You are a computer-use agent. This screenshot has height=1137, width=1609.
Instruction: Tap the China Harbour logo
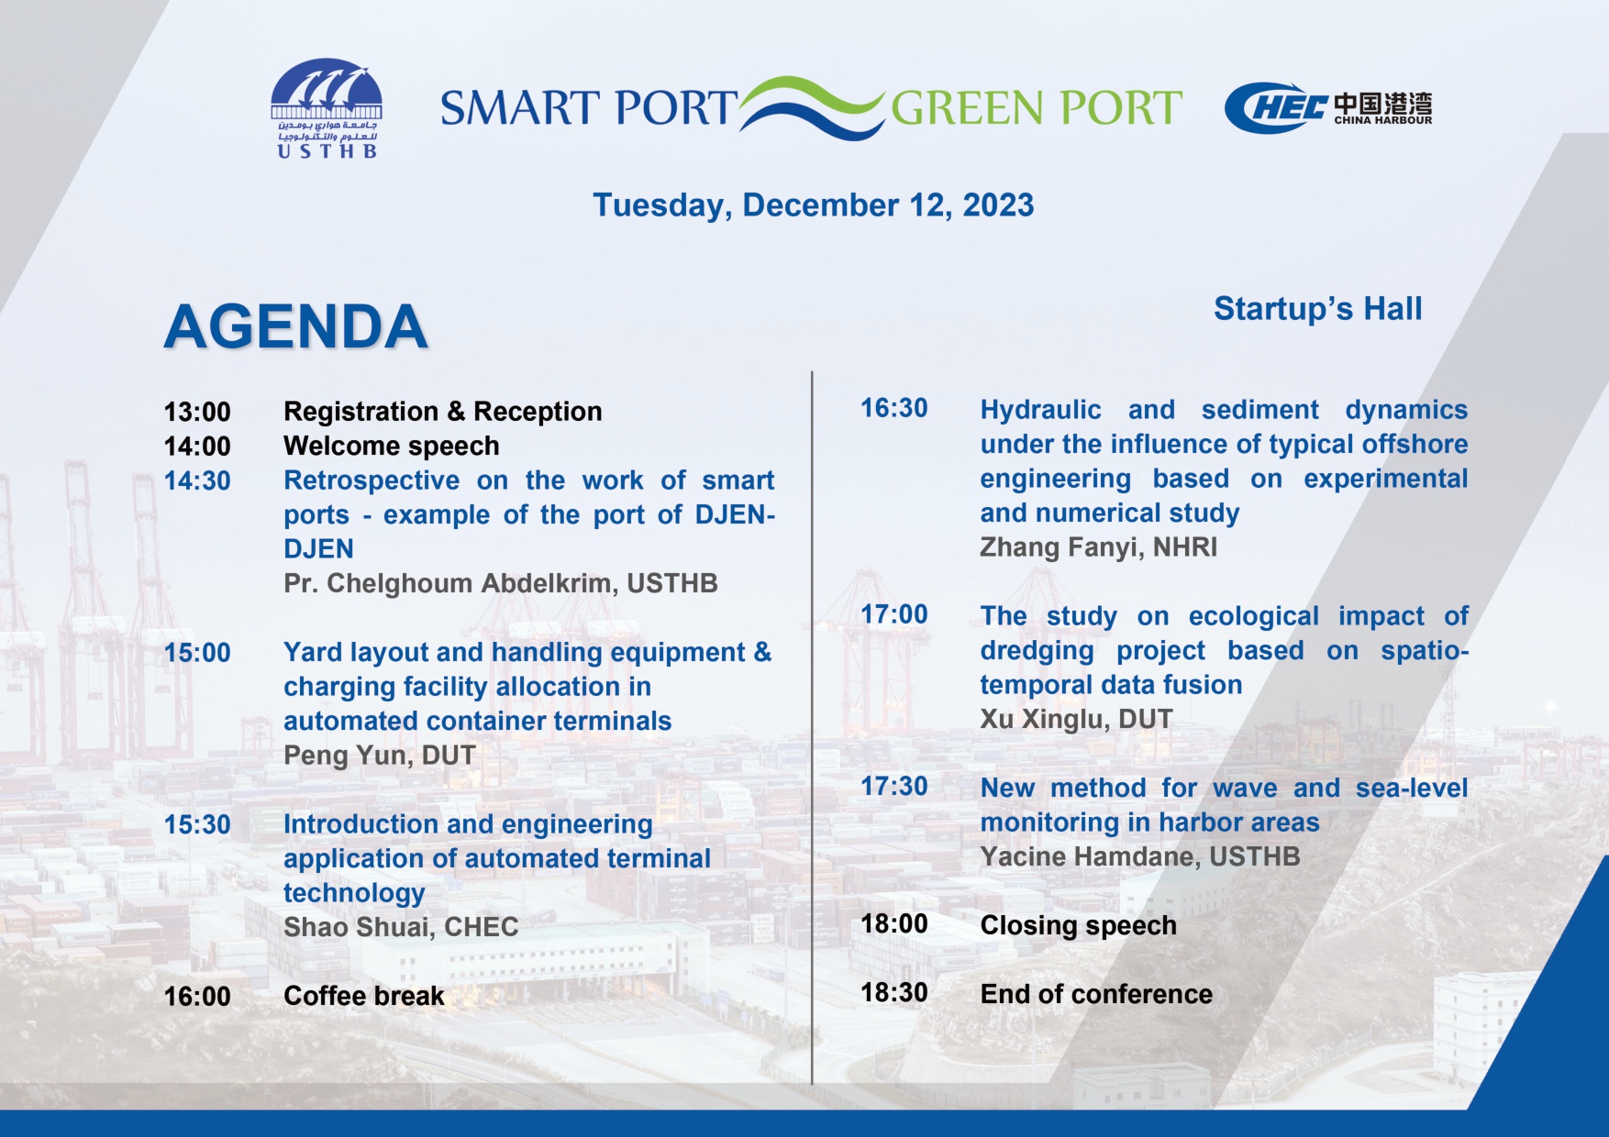(x=1328, y=108)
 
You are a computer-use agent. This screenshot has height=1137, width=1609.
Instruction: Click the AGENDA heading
(x=295, y=326)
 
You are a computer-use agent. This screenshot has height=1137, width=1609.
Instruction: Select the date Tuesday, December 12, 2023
(x=813, y=205)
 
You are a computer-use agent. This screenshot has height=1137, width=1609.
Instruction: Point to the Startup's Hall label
(x=1317, y=309)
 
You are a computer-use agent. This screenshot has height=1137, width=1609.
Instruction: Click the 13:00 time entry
(x=197, y=412)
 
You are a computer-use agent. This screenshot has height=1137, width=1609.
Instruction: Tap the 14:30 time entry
(x=197, y=480)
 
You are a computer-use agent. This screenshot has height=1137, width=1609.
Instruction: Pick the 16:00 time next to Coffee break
(x=197, y=997)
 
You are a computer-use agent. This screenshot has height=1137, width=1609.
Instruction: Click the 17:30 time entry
(x=894, y=787)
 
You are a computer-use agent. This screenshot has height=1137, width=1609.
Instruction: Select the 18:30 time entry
(x=894, y=993)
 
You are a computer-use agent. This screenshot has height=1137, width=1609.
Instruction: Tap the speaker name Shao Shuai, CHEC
(x=401, y=927)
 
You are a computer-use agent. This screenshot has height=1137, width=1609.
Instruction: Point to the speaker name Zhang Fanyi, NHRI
(x=1098, y=547)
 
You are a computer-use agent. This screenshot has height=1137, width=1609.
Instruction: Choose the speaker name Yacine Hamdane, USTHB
(x=1140, y=856)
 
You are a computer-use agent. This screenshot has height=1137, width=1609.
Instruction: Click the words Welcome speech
(x=392, y=447)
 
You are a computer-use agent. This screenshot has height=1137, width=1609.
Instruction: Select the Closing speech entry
(x=1078, y=926)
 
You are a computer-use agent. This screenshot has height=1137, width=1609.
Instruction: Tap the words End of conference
(x=1096, y=994)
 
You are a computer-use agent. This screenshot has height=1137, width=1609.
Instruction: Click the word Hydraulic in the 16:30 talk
(x=1040, y=410)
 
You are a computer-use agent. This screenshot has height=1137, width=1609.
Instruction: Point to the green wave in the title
(x=812, y=95)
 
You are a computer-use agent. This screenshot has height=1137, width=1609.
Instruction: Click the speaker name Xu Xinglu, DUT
(x=1076, y=719)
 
